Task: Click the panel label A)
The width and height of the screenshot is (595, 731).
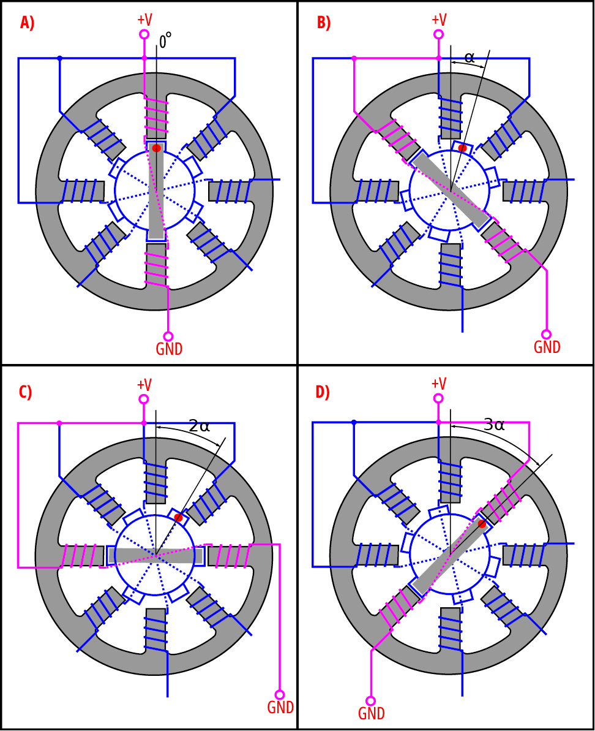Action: click(x=27, y=23)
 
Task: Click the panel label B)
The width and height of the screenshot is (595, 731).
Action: click(x=323, y=23)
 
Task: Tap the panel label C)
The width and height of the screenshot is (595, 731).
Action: click(x=25, y=392)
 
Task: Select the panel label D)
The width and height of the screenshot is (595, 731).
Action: click(x=322, y=392)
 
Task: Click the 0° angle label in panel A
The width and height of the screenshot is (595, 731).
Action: click(x=165, y=41)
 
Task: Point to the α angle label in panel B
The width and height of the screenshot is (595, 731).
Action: click(x=470, y=57)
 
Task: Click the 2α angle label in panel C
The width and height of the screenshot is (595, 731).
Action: click(x=200, y=426)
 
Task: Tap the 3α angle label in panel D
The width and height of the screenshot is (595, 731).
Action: click(x=494, y=424)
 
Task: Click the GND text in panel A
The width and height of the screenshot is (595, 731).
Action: click(x=169, y=349)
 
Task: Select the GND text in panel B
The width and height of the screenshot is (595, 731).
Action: click(x=547, y=347)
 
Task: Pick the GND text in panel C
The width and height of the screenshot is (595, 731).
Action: click(x=280, y=707)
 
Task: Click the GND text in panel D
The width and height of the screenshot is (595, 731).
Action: click(x=371, y=713)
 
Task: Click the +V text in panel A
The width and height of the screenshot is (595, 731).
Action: click(x=144, y=19)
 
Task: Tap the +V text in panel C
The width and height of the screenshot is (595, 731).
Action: click(x=144, y=385)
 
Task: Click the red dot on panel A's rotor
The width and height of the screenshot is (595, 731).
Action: click(x=157, y=148)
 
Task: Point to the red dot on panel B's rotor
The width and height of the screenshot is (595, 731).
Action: click(x=462, y=148)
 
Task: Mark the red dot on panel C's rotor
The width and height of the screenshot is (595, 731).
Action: click(x=178, y=518)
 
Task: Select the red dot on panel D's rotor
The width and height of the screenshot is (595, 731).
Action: click(x=482, y=524)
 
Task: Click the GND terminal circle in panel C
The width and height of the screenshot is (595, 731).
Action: click(x=280, y=695)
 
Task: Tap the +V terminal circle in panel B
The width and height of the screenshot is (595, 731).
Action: click(x=438, y=34)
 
